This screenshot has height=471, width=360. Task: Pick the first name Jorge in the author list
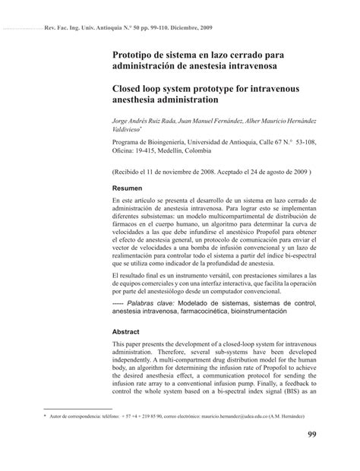point(123,120)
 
